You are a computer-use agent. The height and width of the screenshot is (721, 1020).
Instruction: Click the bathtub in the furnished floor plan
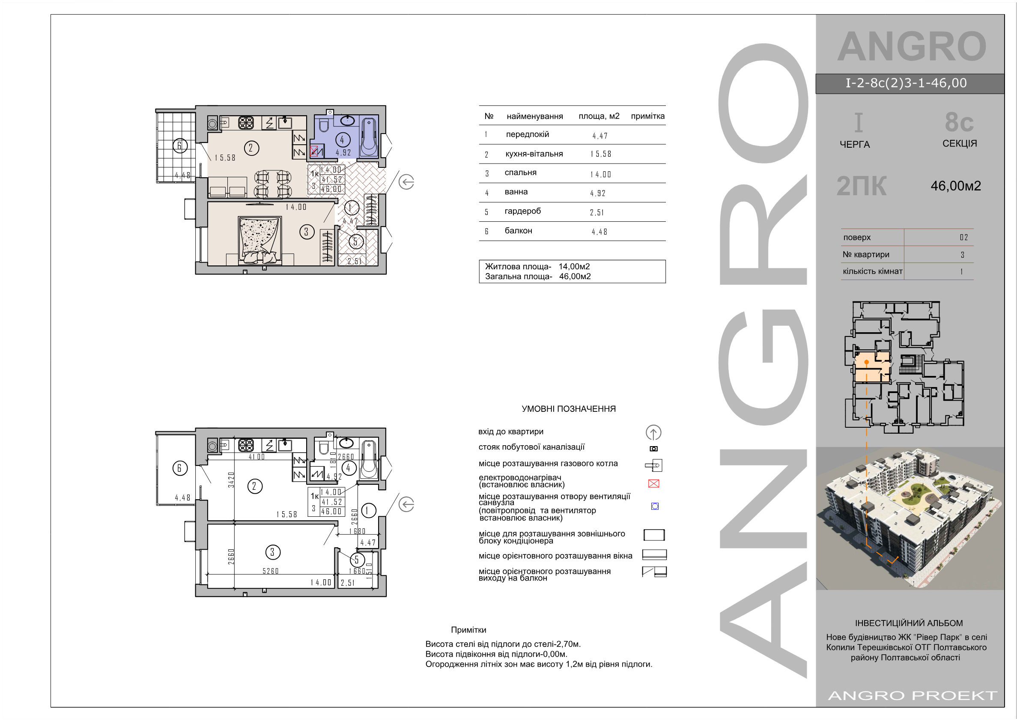click(368, 137)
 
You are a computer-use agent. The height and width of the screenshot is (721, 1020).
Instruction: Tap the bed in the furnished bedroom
click(260, 240)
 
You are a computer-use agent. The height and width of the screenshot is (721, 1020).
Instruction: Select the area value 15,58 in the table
click(601, 154)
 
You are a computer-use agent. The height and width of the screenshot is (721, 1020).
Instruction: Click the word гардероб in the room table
click(522, 211)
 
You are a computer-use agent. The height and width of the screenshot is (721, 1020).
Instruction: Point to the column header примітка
click(647, 116)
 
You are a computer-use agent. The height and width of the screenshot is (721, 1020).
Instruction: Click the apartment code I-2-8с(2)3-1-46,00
click(906, 83)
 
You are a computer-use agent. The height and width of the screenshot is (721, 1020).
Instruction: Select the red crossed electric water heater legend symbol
click(653, 483)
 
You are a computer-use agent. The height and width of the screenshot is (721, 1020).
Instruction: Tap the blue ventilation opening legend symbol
click(655, 506)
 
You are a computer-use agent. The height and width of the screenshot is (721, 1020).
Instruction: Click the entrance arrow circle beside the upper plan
click(406, 182)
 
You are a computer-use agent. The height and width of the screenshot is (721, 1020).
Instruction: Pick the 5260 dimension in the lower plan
click(271, 571)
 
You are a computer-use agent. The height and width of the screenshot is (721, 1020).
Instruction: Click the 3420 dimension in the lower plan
click(231, 480)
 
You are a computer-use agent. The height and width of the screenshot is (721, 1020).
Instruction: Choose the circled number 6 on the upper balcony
click(180, 145)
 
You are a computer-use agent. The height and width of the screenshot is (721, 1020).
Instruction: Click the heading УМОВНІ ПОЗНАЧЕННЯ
click(569, 409)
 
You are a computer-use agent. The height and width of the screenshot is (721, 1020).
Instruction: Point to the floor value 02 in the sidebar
click(963, 237)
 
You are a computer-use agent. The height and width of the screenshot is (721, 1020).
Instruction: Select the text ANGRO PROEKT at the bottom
click(913, 695)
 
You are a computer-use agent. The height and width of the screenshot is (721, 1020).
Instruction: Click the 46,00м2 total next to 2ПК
click(956, 186)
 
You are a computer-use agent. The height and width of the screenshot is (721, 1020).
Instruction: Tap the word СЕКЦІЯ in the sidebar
click(960, 143)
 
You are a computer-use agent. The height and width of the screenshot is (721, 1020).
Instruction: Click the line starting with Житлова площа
click(537, 267)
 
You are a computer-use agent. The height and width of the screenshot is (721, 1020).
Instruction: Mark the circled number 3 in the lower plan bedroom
click(272, 552)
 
